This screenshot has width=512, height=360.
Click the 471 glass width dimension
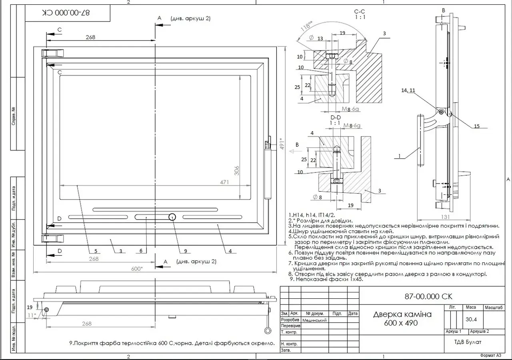tap(224, 182)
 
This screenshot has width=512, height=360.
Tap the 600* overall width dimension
tap(136, 269)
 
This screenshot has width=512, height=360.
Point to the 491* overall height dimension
tap(282, 143)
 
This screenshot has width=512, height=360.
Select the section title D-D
tap(335, 117)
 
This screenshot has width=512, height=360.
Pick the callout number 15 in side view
tap(476, 126)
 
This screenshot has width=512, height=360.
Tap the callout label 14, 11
tap(408, 91)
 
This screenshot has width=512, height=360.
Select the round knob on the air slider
tap(172, 217)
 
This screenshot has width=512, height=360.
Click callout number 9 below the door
tap(186, 251)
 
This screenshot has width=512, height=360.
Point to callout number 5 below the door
tap(96, 251)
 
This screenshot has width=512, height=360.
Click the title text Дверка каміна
tap(402, 314)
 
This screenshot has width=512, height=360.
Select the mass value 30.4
tap(472, 319)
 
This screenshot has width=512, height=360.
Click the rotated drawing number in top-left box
tap(66, 13)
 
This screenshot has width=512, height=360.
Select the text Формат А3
tap(490, 355)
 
